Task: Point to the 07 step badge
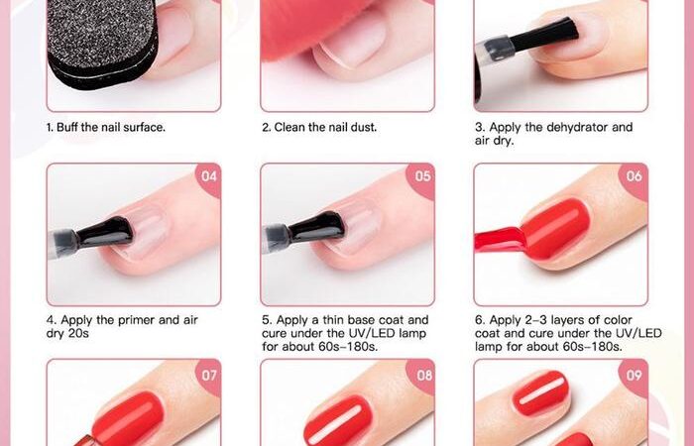[x=209, y=377]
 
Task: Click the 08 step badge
[x=423, y=377]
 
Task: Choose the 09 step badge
[x=635, y=377]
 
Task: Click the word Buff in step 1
[x=67, y=128]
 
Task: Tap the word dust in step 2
[x=364, y=128]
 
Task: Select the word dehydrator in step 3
[x=577, y=128]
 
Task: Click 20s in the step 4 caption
[x=78, y=334]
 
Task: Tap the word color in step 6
[x=617, y=320]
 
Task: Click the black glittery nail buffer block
[x=102, y=42]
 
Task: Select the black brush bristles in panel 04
[x=105, y=232]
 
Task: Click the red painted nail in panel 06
[x=555, y=230]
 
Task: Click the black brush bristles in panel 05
[x=317, y=227]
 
